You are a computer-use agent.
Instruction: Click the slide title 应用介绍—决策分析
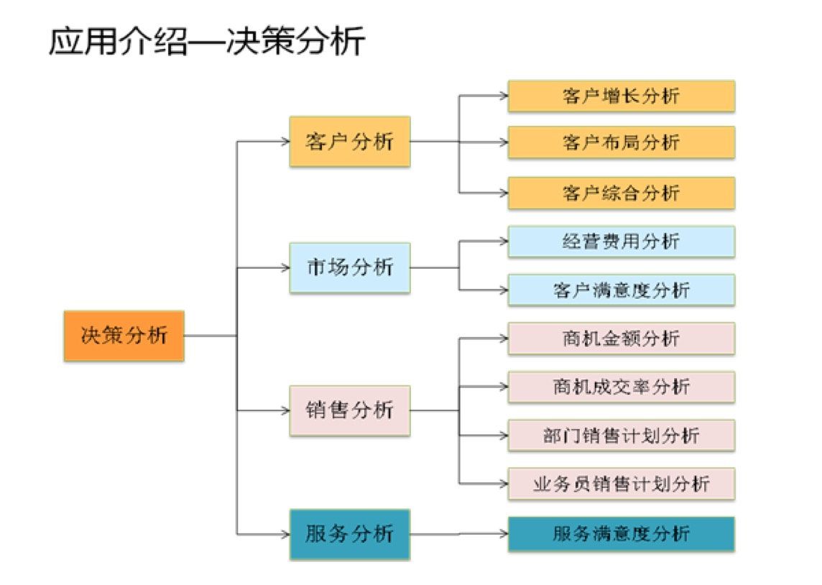click(x=207, y=42)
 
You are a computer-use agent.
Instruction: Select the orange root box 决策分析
click(x=124, y=336)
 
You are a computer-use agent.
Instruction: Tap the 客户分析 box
click(x=350, y=142)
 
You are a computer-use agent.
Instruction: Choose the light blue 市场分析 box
click(x=350, y=268)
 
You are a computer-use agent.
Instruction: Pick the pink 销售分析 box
click(x=350, y=410)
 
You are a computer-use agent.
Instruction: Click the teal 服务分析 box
click(x=350, y=534)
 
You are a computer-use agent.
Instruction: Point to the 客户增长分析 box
click(x=621, y=96)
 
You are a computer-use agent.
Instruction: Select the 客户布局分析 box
click(x=621, y=142)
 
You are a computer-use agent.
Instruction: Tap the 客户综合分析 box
click(x=621, y=193)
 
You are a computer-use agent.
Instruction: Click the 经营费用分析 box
click(x=621, y=241)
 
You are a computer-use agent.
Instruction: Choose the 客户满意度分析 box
click(x=621, y=290)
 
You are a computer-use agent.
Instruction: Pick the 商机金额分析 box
click(x=621, y=338)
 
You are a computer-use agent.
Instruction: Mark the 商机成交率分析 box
click(x=621, y=387)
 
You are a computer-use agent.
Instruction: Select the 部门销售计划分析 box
click(x=621, y=435)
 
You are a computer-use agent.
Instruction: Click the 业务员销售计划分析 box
click(x=621, y=484)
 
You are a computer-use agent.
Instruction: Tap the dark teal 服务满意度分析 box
click(x=621, y=534)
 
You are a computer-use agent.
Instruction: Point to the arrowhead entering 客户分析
click(x=285, y=142)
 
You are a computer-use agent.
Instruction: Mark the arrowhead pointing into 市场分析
click(x=285, y=268)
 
